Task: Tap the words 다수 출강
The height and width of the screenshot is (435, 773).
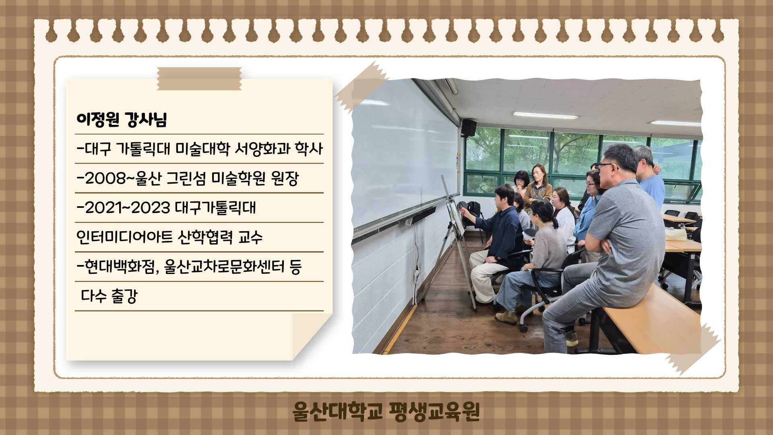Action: coord(109,296)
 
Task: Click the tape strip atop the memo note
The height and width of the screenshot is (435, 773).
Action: coord(199,79)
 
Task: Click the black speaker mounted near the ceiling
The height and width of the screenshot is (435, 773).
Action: coord(469,128)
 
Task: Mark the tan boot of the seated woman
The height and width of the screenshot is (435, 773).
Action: coord(506,318)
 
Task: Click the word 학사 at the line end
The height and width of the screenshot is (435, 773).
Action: coord(309,149)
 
